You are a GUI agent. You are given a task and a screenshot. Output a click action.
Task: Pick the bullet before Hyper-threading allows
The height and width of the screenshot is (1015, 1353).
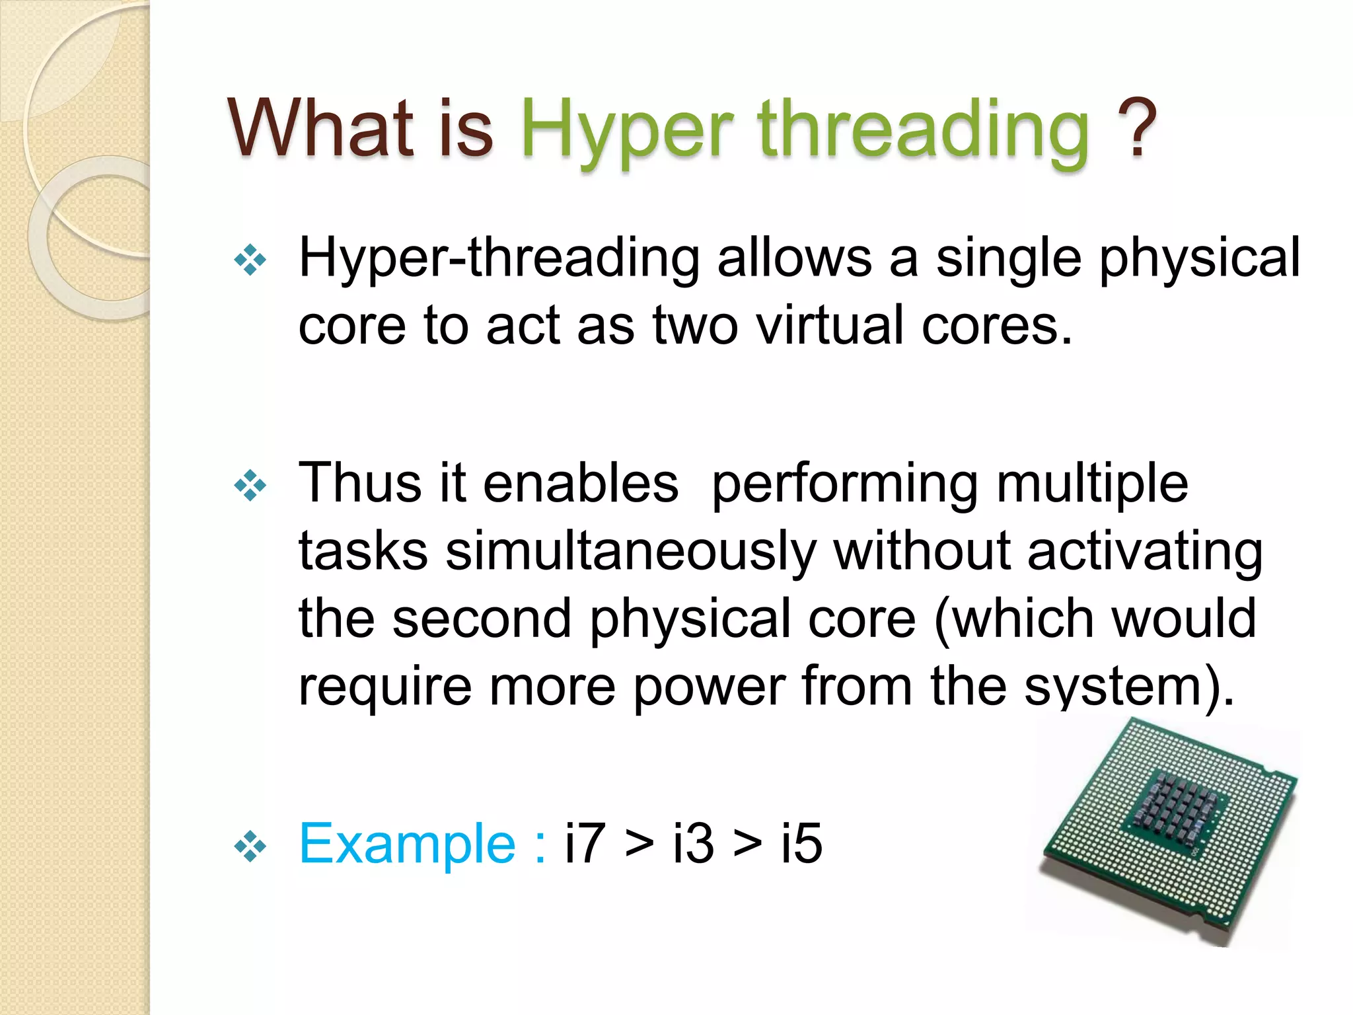coord(250,260)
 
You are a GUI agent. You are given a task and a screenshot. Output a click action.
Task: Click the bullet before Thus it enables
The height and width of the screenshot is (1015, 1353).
coord(250,486)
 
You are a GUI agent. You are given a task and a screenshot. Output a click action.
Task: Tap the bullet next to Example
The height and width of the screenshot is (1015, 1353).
coord(250,846)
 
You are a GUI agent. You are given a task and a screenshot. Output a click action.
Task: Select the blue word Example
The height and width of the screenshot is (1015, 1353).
coord(407,844)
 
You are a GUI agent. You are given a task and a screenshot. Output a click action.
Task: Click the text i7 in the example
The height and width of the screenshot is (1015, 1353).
coord(585,844)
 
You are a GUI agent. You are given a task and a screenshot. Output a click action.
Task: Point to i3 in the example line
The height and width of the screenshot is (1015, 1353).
coord(693,844)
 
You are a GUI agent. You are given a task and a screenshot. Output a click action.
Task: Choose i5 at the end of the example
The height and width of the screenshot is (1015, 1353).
coord(801,844)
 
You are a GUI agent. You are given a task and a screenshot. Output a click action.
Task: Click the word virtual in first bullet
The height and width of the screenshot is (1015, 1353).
coord(830,326)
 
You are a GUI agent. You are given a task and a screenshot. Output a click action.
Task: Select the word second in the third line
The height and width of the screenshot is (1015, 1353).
coord(482,619)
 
